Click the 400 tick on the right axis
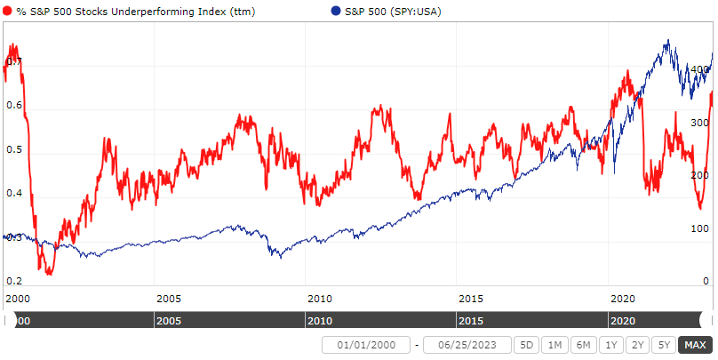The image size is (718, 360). pos(700,69)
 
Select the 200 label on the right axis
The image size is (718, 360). pos(700,176)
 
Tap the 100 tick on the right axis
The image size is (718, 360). pos(700,228)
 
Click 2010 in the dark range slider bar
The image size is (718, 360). pos(320,319)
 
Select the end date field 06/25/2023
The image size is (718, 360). pos(467,345)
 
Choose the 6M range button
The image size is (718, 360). pos(582,345)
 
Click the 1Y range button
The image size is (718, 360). pos(610,345)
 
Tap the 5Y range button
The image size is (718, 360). pos(662,345)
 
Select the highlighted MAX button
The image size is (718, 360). pos(693,345)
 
